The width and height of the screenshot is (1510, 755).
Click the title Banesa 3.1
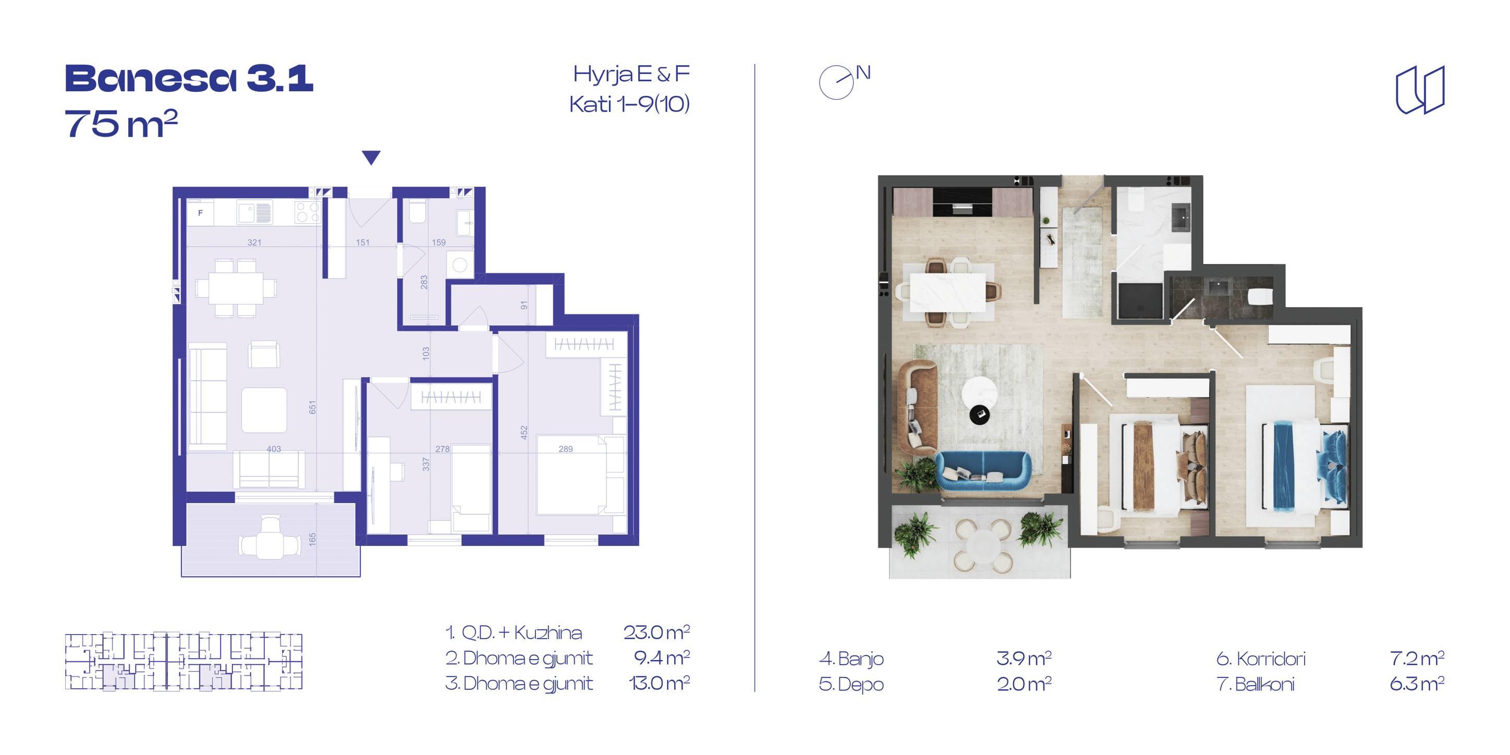coord(189,79)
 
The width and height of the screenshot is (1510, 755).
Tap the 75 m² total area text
coord(121,124)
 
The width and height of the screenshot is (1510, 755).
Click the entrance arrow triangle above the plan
coord(371,157)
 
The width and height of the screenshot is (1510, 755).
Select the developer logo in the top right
coord(1420,90)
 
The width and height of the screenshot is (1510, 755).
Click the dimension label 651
coord(313,407)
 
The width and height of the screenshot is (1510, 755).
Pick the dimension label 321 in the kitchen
coord(254,242)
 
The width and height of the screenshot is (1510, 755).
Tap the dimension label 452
coord(524,433)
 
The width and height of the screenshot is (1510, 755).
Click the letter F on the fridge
coord(200,213)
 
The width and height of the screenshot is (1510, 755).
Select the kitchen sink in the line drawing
coord(254,212)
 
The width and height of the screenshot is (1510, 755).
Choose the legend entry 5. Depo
coord(851,684)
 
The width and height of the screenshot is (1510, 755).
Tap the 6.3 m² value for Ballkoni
coord(1417,684)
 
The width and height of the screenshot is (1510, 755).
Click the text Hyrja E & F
coord(631,75)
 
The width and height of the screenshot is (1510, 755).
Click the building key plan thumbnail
coord(184,661)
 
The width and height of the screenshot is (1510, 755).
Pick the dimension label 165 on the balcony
coord(313,539)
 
